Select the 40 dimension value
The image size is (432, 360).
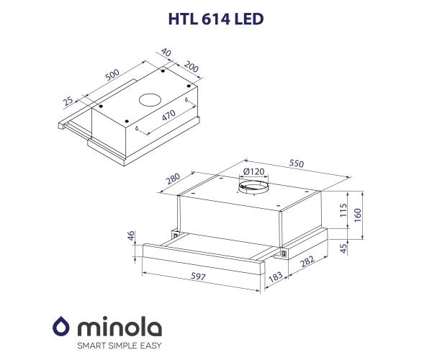click(x=167, y=53)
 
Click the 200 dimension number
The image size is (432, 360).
click(x=191, y=67)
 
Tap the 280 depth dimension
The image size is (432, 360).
click(x=173, y=178)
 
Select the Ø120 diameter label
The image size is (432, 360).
click(x=253, y=172)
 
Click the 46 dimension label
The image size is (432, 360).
click(x=131, y=236)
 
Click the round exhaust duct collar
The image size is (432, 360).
click(x=253, y=189)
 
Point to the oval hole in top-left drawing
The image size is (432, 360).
click(x=150, y=99)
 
